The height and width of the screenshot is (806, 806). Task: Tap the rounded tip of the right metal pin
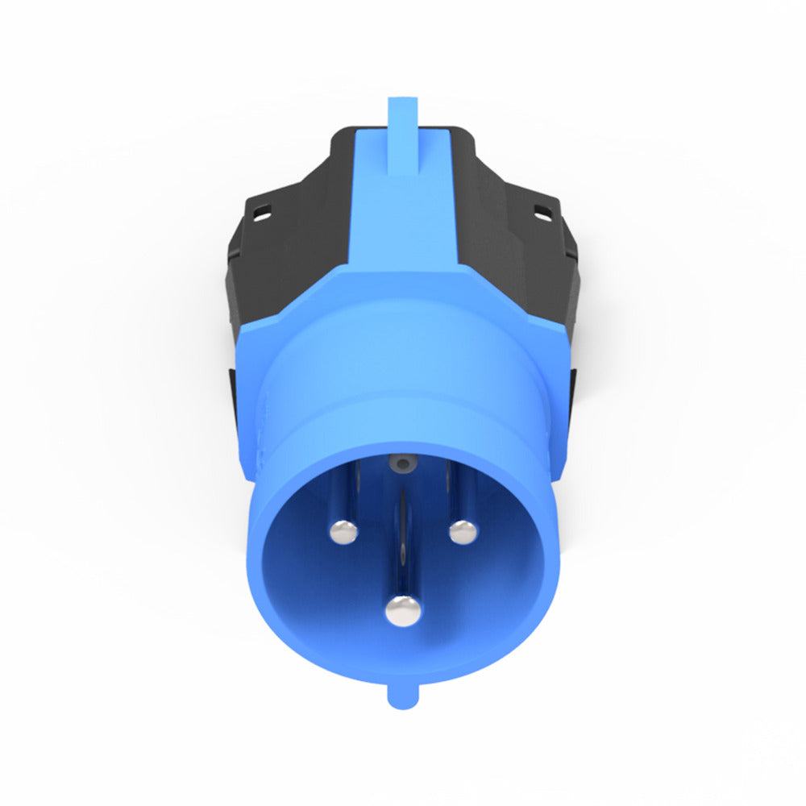click(x=463, y=531)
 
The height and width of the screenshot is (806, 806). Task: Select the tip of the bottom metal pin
click(x=403, y=610)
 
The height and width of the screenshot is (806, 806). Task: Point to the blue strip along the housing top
click(x=403, y=218)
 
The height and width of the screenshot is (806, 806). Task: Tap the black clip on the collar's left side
click(x=235, y=403)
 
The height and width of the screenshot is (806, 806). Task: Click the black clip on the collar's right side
click(x=572, y=403)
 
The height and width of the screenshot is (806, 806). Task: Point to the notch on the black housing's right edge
click(x=574, y=250)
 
